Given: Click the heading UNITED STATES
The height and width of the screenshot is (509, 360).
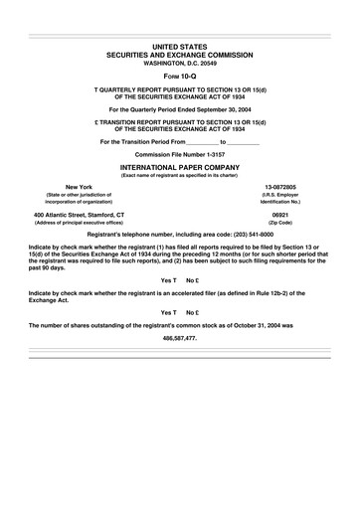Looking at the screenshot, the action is click(x=180, y=47).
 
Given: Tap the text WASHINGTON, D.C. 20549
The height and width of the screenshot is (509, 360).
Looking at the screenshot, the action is click(x=180, y=63).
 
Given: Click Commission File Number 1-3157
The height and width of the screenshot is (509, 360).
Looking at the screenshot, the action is click(x=180, y=156).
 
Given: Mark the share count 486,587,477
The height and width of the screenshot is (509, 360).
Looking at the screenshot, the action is click(x=180, y=338).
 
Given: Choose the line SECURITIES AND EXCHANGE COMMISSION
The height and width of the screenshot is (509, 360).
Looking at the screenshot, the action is click(x=180, y=55).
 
